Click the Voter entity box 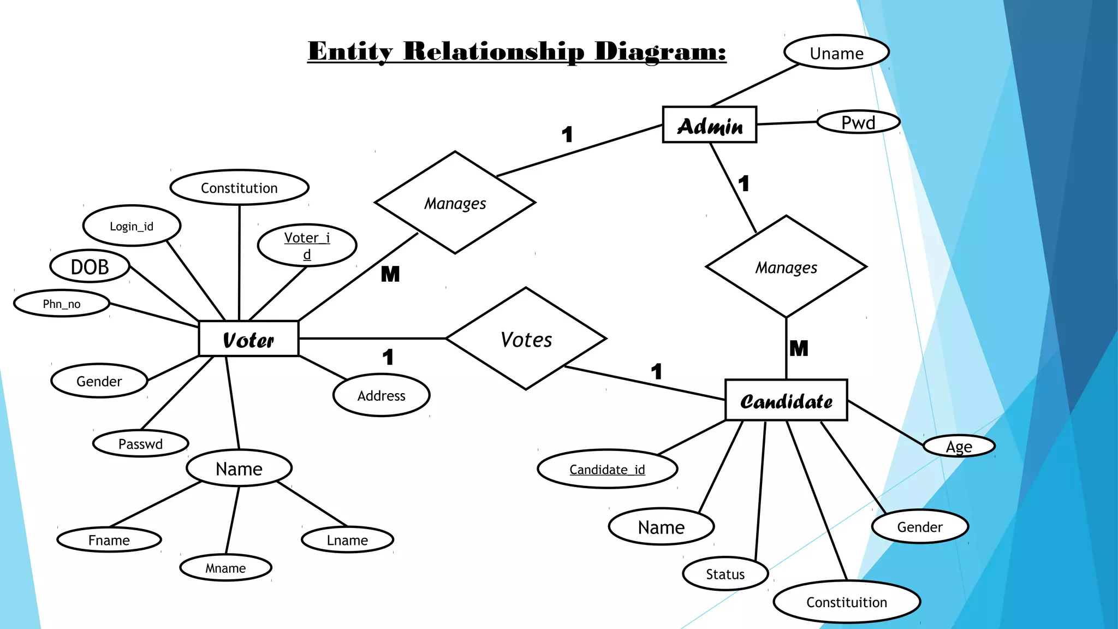248,339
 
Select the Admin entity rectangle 709,125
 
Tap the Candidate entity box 786,401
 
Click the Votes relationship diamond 526,339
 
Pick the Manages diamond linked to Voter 455,203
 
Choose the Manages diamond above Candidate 786,267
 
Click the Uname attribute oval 836,53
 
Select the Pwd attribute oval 858,122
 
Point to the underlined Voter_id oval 307,245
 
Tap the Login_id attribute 132,226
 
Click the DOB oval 90,266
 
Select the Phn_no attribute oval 62,304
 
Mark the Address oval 381,395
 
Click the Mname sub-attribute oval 225,568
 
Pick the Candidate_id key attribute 607,469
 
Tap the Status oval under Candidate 725,574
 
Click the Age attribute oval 959,447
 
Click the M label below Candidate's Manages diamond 798,348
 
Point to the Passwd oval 140,444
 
